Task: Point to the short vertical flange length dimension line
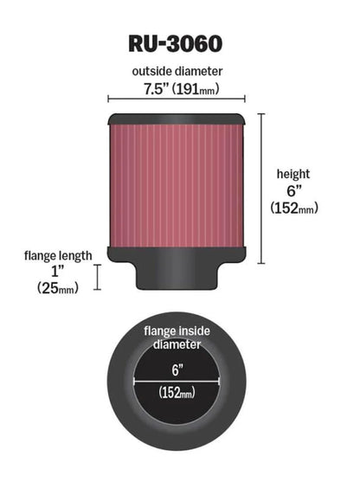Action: (97, 277)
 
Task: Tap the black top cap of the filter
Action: (177, 120)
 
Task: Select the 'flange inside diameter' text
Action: (177, 337)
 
